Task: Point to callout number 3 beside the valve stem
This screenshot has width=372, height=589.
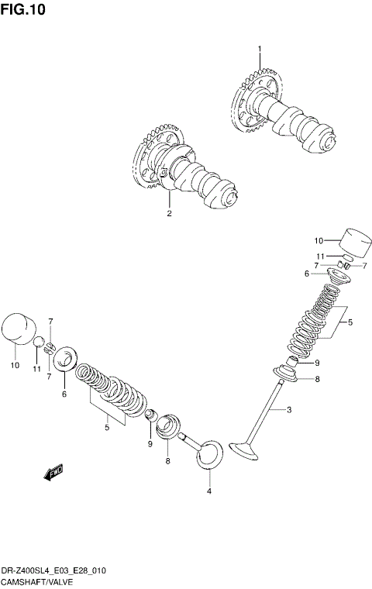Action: point(288,409)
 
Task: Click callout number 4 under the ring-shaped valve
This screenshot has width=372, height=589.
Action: point(208,492)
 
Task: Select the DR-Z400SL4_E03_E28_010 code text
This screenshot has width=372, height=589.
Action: point(53,570)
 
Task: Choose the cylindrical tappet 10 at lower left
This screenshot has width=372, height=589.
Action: point(19,326)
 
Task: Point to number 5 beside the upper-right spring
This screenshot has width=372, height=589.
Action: point(350,322)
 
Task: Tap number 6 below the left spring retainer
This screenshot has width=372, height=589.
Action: point(64,394)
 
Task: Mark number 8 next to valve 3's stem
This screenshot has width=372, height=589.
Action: point(316,379)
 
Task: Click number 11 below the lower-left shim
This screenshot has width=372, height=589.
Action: point(36,369)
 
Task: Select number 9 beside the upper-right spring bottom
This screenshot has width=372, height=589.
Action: point(317,361)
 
